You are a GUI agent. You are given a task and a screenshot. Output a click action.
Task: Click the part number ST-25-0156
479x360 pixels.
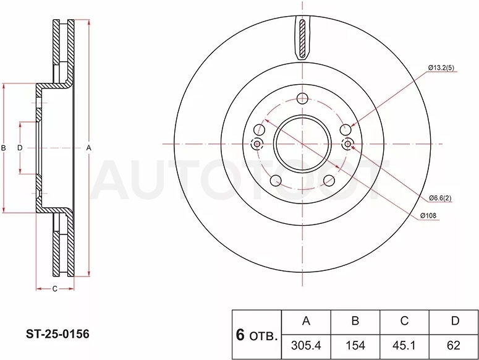click(57, 334)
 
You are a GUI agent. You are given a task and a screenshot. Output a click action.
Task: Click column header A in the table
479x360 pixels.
click(306, 322)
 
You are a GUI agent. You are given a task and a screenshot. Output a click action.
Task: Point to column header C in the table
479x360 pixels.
click(404, 322)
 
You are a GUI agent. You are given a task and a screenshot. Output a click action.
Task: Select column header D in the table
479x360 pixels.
click(453, 322)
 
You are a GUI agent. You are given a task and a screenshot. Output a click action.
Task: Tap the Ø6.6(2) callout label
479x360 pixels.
click(440, 198)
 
